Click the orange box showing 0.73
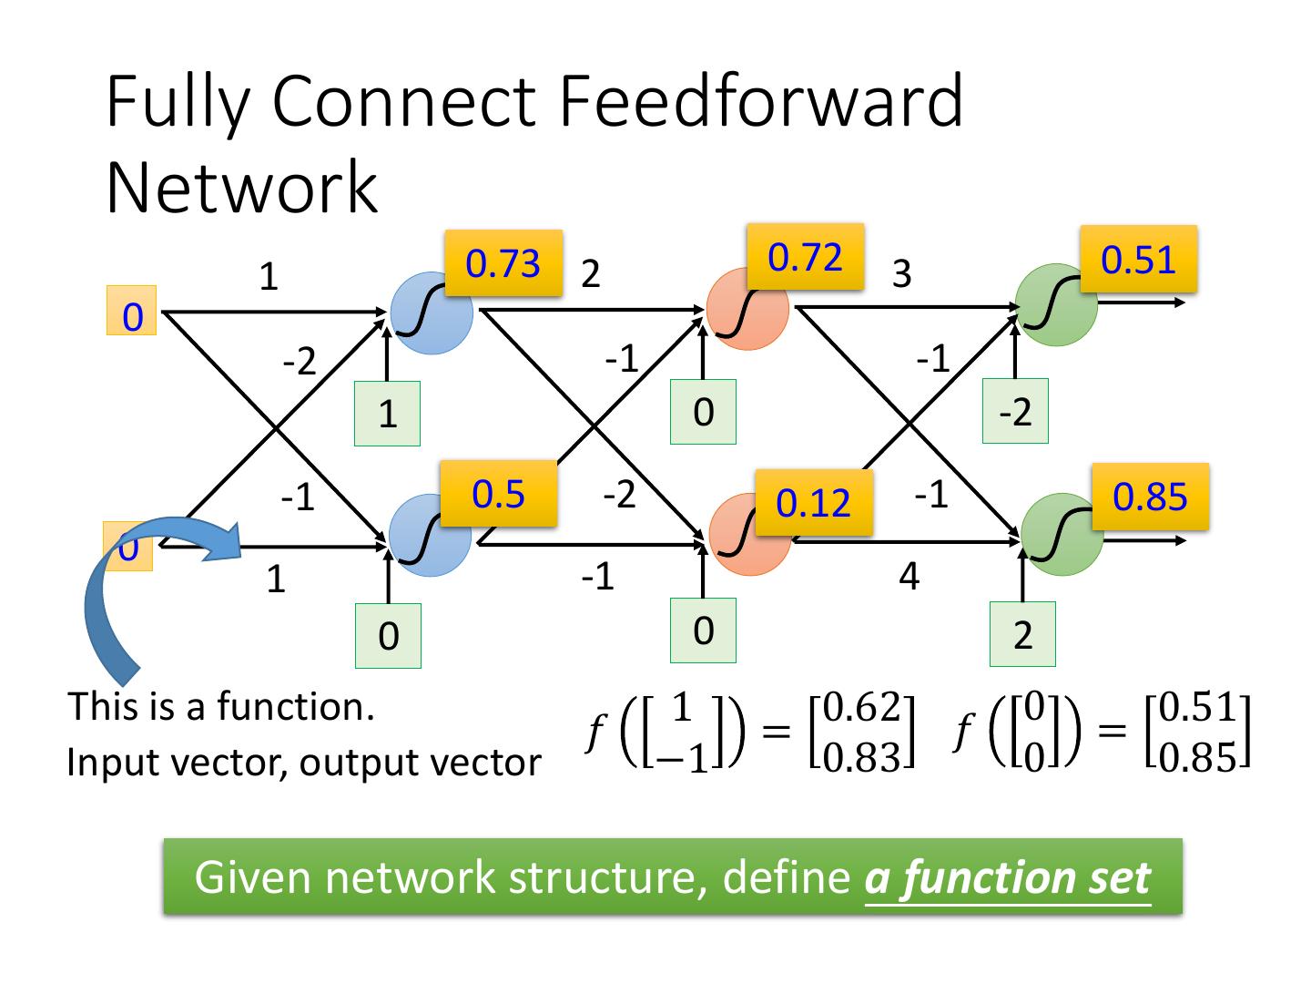coord(503,263)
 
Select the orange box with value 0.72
coord(805,257)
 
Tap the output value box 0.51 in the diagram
coord(1138,260)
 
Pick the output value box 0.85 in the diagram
coord(1150,497)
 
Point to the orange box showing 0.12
coord(813,503)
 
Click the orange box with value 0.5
coord(498,494)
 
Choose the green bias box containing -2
coord(1015,412)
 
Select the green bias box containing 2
coord(1022,635)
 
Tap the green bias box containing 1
coord(387,414)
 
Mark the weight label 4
coord(909,577)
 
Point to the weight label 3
coord(901,272)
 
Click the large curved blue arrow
coord(137,583)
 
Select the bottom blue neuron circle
coord(429,536)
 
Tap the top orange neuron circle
coord(747,309)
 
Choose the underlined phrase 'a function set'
coord(1007,877)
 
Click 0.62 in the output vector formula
coord(861,707)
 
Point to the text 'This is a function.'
coord(221,707)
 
